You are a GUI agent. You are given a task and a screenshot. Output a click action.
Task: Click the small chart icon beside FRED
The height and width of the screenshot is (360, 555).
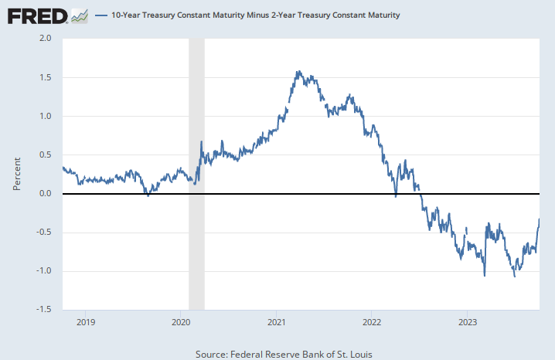79,15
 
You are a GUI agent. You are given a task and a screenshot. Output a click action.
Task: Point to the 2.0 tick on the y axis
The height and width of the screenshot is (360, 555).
46,39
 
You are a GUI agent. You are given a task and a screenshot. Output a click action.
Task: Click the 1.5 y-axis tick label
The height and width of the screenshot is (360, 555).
46,77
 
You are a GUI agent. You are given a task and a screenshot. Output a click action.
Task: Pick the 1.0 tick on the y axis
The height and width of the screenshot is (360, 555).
46,116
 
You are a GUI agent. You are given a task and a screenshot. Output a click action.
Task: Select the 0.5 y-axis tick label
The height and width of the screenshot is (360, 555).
46,155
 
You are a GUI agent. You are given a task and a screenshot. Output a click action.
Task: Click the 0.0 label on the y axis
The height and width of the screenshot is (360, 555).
46,193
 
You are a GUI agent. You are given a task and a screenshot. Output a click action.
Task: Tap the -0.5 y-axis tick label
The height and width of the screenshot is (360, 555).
44,232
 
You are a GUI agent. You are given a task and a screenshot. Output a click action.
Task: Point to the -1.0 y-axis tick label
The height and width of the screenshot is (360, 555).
44,270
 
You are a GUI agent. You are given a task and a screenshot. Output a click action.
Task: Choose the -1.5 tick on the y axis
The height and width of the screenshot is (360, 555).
44,309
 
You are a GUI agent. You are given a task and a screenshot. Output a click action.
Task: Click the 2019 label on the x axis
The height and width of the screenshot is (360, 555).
84,321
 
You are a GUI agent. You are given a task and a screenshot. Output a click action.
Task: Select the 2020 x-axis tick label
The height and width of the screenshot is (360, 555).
180,321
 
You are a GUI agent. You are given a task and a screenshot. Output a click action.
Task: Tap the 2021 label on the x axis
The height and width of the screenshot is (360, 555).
276,321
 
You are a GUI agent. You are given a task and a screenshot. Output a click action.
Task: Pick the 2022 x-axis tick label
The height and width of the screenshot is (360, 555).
372,321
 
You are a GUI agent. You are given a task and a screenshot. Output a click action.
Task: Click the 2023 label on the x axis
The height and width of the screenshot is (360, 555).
468,321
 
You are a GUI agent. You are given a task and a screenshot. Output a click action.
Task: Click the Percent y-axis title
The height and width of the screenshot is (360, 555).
16,175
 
